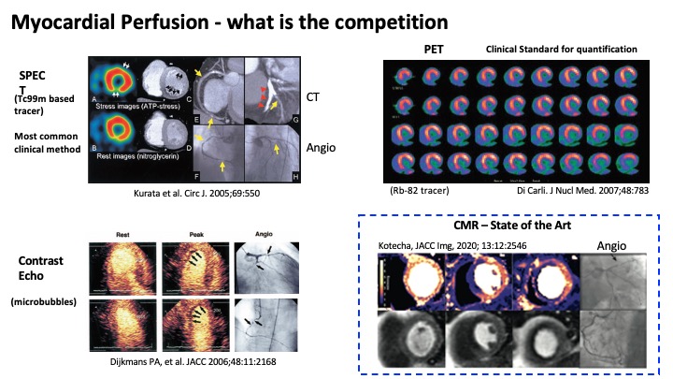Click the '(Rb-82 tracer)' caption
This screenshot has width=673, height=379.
(420, 191)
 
